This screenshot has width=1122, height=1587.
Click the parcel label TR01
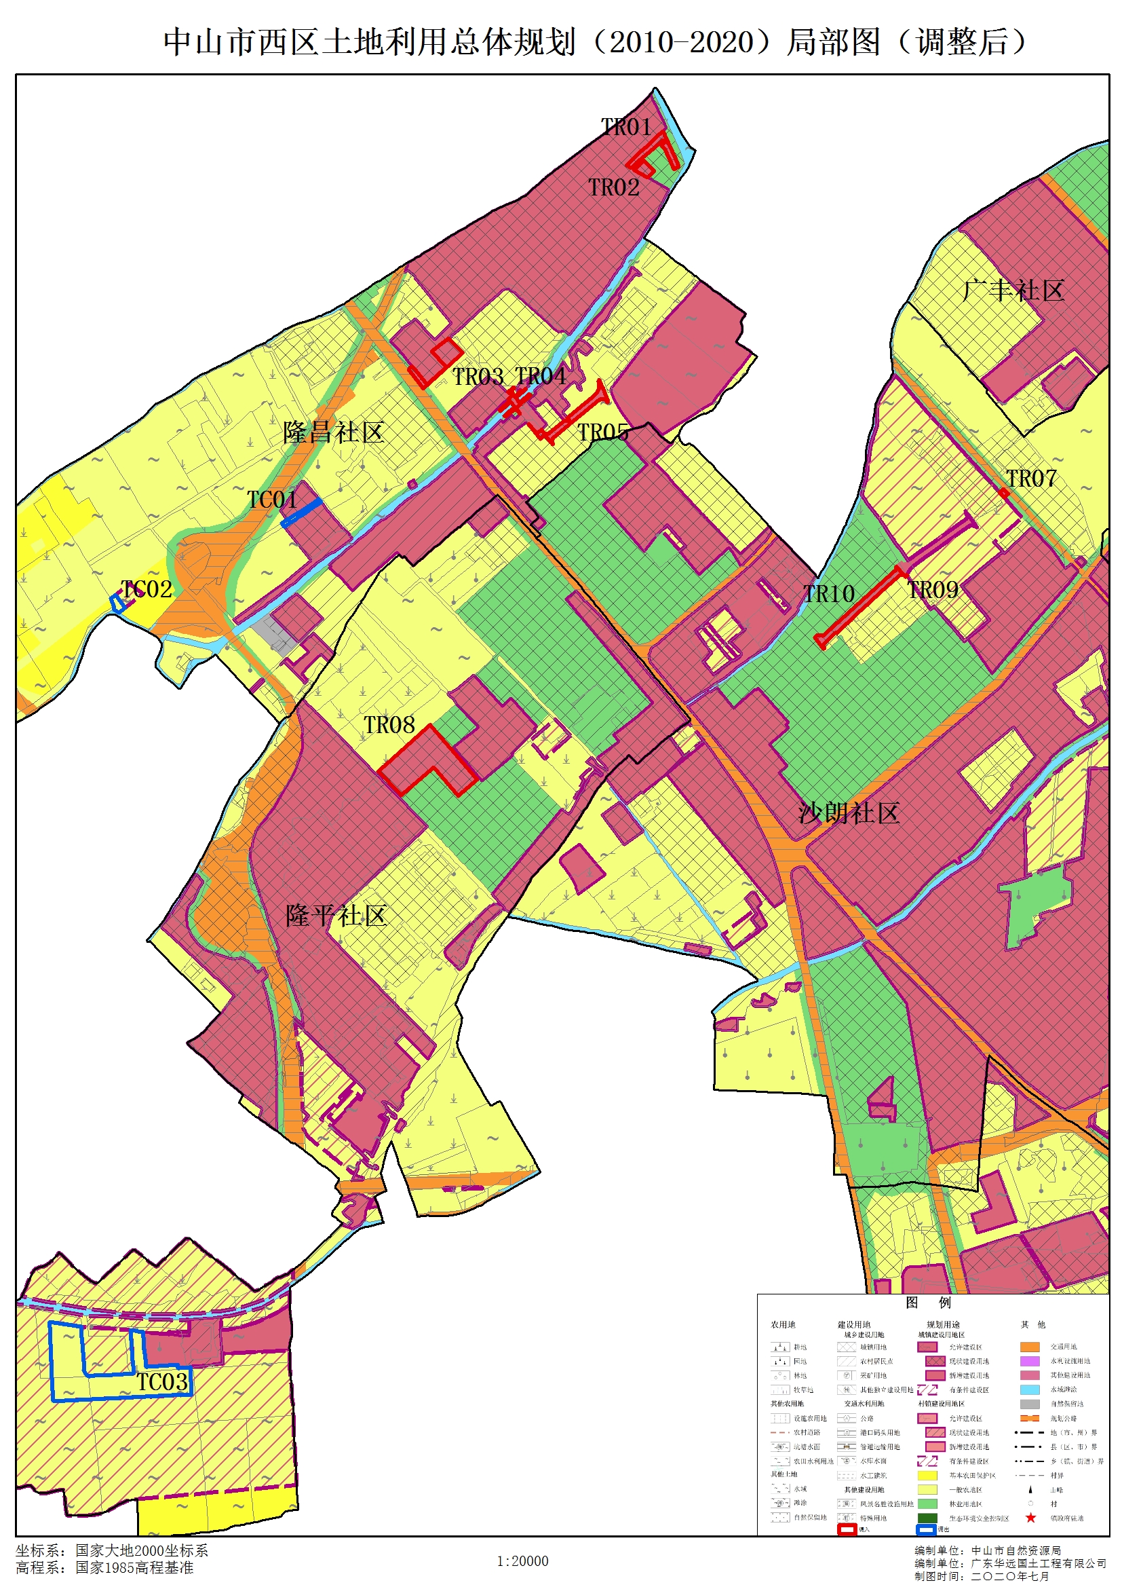coord(626,127)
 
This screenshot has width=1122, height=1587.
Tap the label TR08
coord(389,725)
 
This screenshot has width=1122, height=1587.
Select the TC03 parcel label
coord(161,1383)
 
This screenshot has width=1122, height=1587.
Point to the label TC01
coord(272,500)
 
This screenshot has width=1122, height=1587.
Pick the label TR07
coord(1031,479)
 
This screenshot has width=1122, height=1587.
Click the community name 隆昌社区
coord(334,432)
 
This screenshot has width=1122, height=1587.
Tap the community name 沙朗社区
coord(849,813)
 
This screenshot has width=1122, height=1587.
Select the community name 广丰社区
coord(1013,291)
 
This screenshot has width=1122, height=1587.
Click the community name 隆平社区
coord(336,916)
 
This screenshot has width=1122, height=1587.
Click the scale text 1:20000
coord(522,1561)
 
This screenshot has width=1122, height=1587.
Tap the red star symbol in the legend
coord(1030,1518)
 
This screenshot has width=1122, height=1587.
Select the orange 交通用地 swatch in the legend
coord(1030,1347)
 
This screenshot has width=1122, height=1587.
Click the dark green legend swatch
coord(927,1518)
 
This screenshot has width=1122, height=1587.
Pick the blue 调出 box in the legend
coord(925,1529)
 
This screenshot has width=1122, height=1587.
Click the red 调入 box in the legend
coord(847,1529)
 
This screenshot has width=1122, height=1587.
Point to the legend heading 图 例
coord(928,1303)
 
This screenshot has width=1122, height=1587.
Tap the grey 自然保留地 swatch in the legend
coord(1030,1404)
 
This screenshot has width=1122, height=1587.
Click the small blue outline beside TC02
coord(118,603)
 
